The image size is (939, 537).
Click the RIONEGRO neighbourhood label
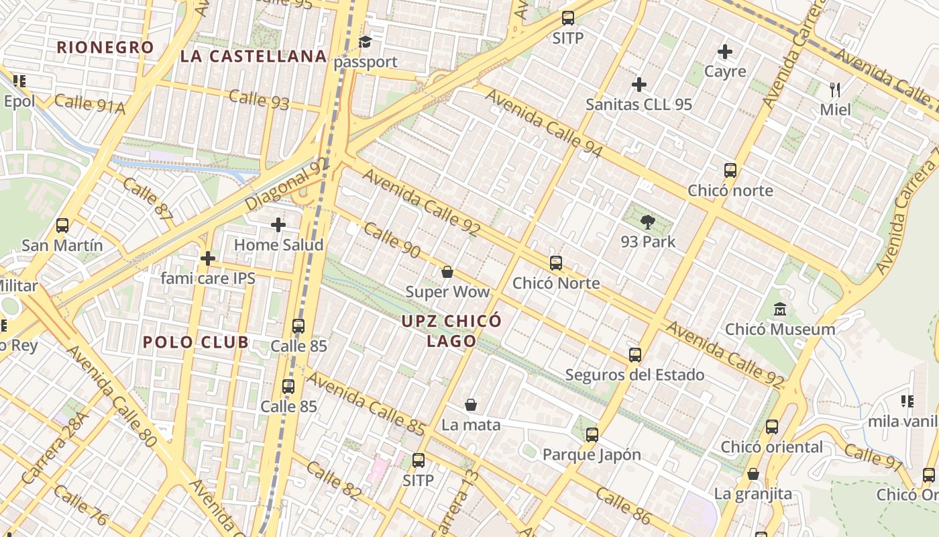(x=105, y=48)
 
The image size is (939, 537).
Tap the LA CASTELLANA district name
(x=254, y=56)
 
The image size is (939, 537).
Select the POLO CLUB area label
(x=196, y=342)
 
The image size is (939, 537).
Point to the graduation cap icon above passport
(x=365, y=42)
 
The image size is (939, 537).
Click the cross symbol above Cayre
(x=725, y=51)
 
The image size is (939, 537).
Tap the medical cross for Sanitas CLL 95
(x=639, y=85)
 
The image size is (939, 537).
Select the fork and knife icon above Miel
(x=835, y=89)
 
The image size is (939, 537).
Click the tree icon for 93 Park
(x=648, y=222)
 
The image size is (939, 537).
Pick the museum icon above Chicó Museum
(x=780, y=309)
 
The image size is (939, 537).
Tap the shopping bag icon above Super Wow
(x=447, y=272)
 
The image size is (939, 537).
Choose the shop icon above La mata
(x=471, y=405)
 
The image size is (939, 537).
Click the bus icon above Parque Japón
(x=592, y=434)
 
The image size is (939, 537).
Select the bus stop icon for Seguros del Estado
(x=634, y=354)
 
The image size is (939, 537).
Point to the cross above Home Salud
(x=278, y=225)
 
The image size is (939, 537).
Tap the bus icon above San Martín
(x=62, y=225)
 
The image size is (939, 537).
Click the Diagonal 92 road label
(x=288, y=184)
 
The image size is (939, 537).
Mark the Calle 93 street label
(x=259, y=99)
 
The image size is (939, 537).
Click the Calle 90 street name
(x=392, y=241)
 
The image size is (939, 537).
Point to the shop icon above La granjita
(x=753, y=474)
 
